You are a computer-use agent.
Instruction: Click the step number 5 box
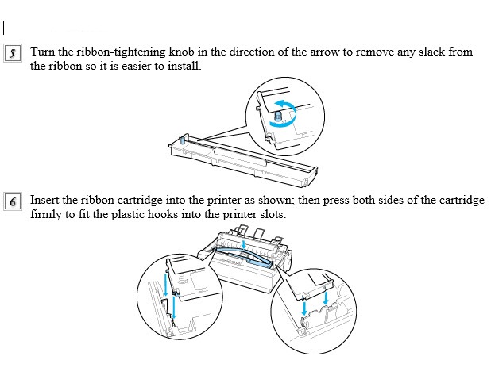13,53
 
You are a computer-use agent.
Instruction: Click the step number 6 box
13,201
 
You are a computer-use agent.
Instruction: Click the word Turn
43,52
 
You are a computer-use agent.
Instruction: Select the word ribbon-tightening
121,52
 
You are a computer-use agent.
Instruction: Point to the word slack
432,52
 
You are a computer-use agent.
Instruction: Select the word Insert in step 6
44,200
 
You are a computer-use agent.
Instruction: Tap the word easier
137,66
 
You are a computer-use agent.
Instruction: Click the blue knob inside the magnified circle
278,116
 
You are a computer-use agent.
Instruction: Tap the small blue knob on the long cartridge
182,140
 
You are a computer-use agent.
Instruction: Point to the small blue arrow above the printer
244,244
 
